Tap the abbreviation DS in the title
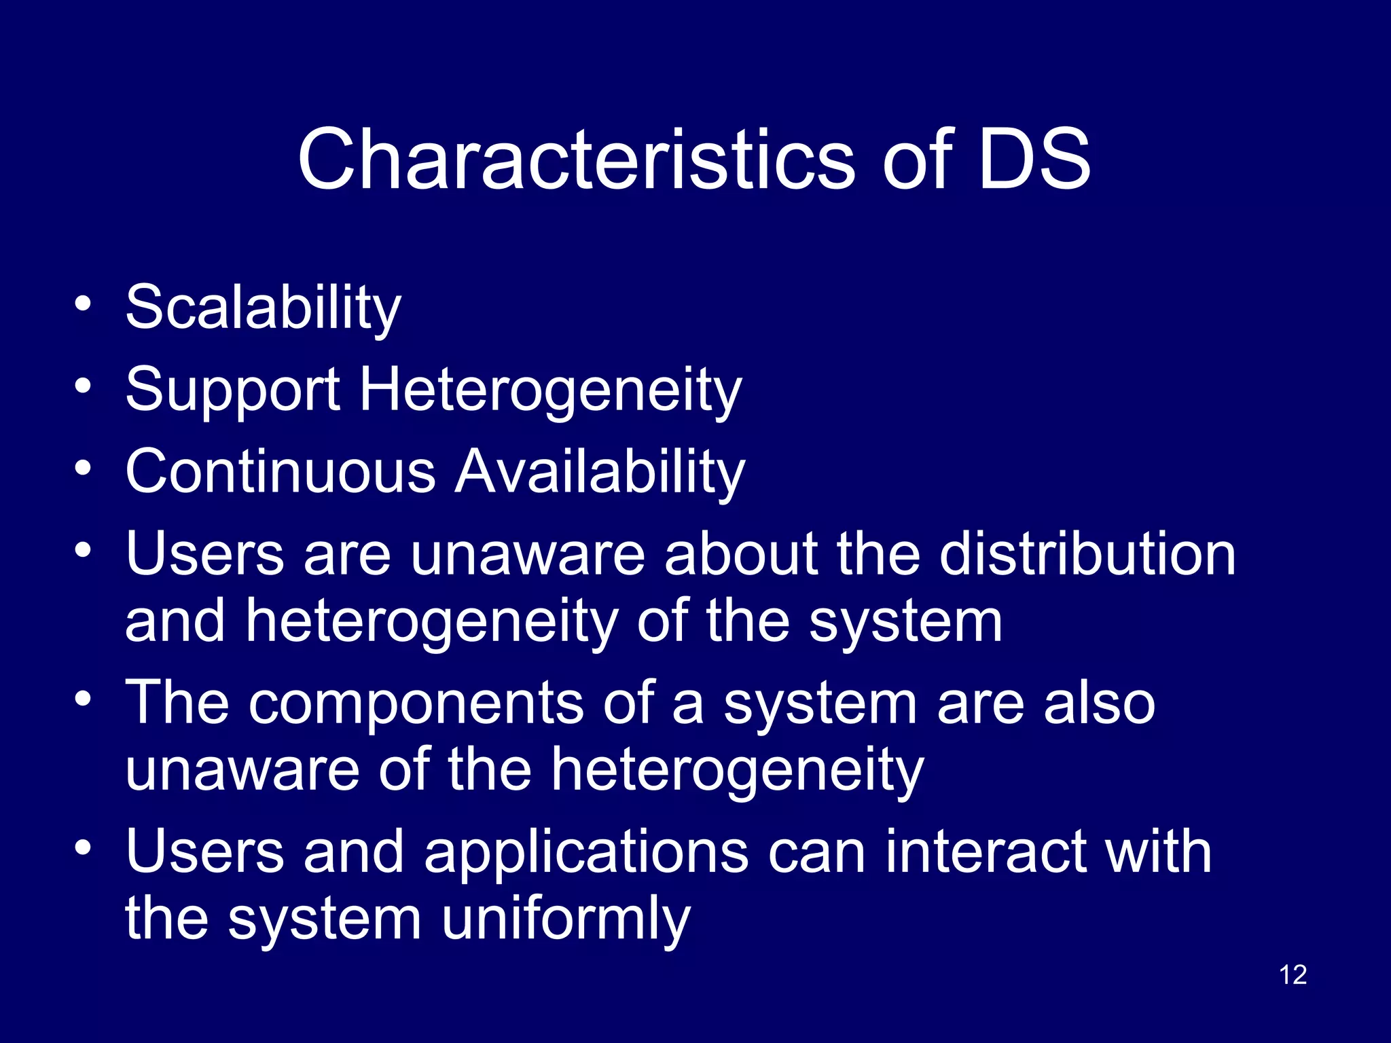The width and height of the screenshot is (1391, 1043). (x=1034, y=160)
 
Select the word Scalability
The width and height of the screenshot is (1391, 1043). (x=264, y=308)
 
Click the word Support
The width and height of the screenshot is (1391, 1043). (x=233, y=391)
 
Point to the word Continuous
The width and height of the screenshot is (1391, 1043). (x=281, y=471)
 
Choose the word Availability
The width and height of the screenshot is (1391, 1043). (x=600, y=473)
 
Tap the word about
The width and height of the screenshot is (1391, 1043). (x=741, y=554)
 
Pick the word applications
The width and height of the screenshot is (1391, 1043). (x=586, y=854)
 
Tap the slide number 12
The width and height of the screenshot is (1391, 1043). (x=1293, y=975)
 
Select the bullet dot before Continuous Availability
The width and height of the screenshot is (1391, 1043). (x=83, y=468)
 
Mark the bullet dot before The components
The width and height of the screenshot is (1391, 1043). (x=83, y=699)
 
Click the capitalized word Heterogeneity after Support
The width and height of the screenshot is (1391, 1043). (x=550, y=391)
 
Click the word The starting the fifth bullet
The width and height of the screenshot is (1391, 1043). (x=178, y=703)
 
